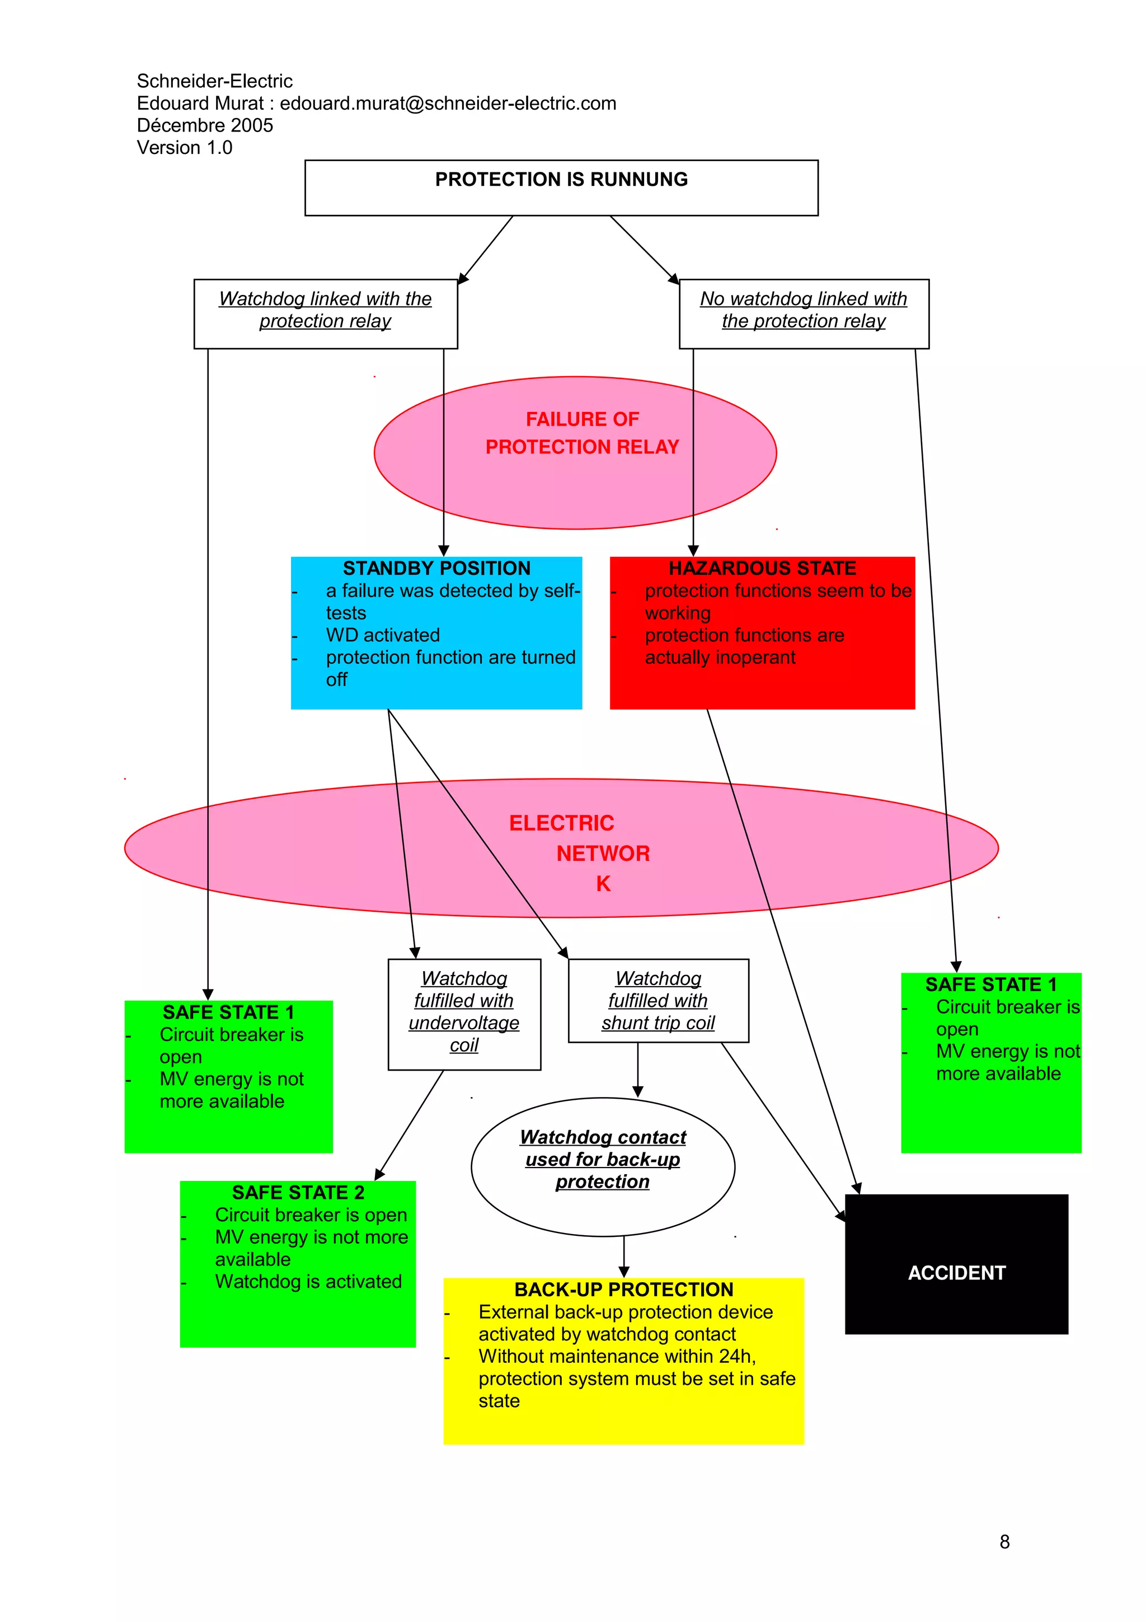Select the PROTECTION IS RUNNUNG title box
(x=561, y=187)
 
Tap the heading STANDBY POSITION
(x=436, y=568)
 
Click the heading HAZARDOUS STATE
(x=762, y=568)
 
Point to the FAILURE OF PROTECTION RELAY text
(x=582, y=433)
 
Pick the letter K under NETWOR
(x=603, y=884)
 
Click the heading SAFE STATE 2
(x=298, y=1193)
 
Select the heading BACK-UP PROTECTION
(x=623, y=1290)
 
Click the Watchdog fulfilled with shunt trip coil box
(x=658, y=1000)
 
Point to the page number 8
(x=1004, y=1542)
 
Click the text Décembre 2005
(x=205, y=126)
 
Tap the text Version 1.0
(x=184, y=148)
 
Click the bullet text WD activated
(x=383, y=635)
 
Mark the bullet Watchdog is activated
(x=308, y=1282)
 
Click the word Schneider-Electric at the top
(x=215, y=81)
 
